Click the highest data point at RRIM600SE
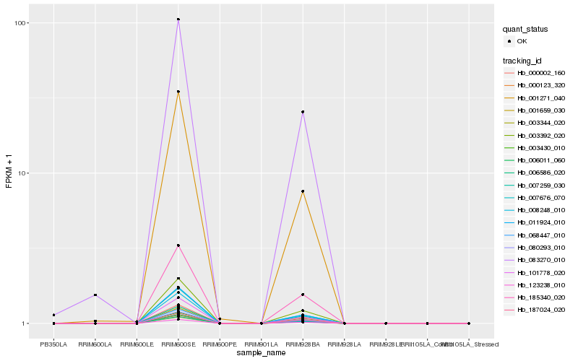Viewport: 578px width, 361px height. (x=178, y=19)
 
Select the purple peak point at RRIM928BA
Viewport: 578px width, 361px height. (x=303, y=112)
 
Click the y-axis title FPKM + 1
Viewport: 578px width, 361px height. (x=9, y=173)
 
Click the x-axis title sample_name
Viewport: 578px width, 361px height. (x=261, y=353)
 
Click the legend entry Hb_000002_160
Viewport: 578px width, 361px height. (x=541, y=73)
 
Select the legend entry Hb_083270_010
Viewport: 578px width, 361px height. (x=541, y=259)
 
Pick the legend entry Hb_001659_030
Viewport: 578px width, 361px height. (x=541, y=110)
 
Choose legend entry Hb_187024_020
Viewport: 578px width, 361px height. (x=541, y=309)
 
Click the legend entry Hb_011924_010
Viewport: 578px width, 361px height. (x=541, y=222)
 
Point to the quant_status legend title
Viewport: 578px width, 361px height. (x=527, y=30)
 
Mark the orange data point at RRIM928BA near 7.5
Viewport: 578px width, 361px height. (x=303, y=191)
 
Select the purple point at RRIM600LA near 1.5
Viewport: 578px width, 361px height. (x=95, y=295)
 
